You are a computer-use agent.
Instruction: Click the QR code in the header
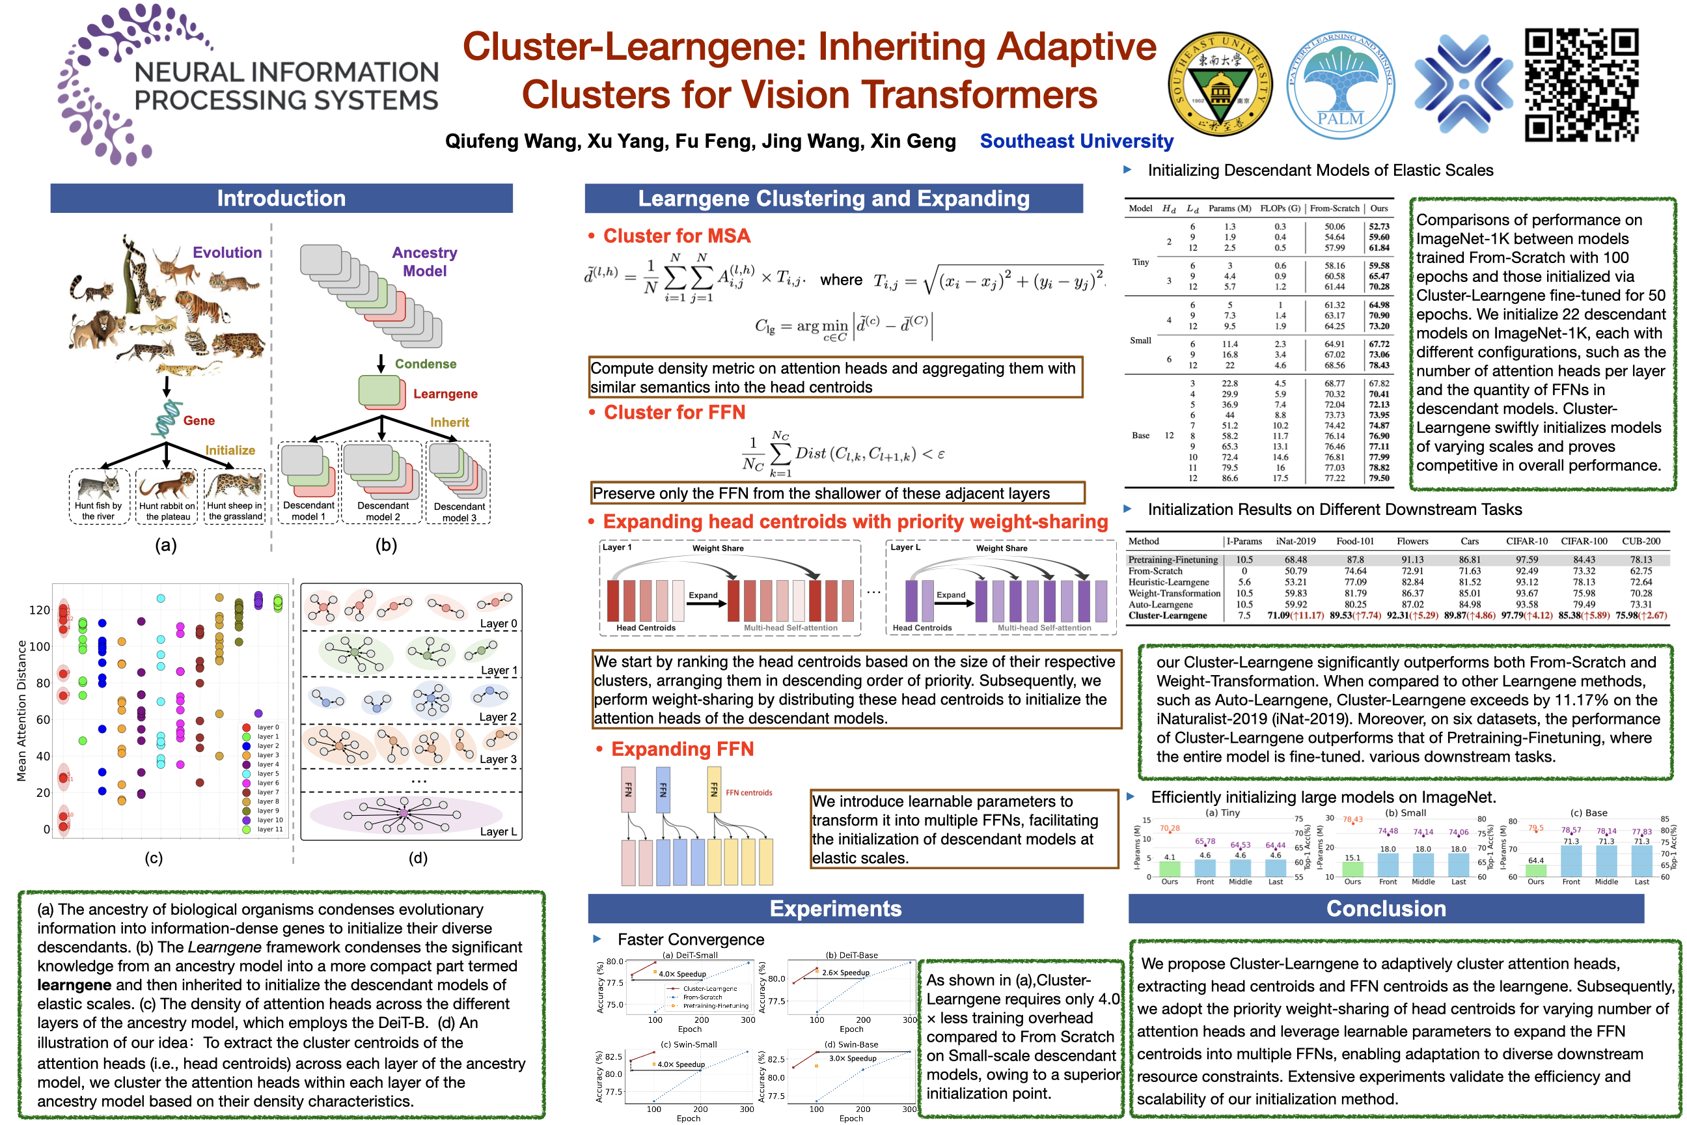pyautogui.click(x=1581, y=85)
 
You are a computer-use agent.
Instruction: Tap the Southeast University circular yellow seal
pyautogui.click(x=1220, y=85)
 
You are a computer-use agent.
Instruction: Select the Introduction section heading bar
pyautogui.click(x=281, y=198)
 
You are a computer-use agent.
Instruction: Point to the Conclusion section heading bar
pyautogui.click(x=1385, y=908)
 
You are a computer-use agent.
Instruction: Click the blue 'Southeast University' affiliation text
pyautogui.click(x=1076, y=141)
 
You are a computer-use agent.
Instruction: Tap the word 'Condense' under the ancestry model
pyautogui.click(x=426, y=364)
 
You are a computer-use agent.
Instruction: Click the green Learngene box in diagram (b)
pyautogui.click(x=379, y=391)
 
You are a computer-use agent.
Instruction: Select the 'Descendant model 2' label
pyautogui.click(x=383, y=511)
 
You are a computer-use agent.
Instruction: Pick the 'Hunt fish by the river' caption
pyautogui.click(x=98, y=511)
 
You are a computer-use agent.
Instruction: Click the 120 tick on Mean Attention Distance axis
pyautogui.click(x=40, y=610)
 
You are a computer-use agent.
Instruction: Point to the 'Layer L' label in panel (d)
pyautogui.click(x=498, y=831)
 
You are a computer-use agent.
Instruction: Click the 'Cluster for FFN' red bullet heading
pyautogui.click(x=674, y=413)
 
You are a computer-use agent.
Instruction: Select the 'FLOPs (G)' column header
pyautogui.click(x=1280, y=208)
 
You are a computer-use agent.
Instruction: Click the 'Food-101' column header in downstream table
pyautogui.click(x=1355, y=541)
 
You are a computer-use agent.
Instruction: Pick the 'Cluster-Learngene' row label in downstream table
pyautogui.click(x=1167, y=616)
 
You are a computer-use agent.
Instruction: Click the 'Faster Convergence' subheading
pyautogui.click(x=690, y=939)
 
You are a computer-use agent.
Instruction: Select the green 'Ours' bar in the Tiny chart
pyautogui.click(x=1169, y=867)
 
